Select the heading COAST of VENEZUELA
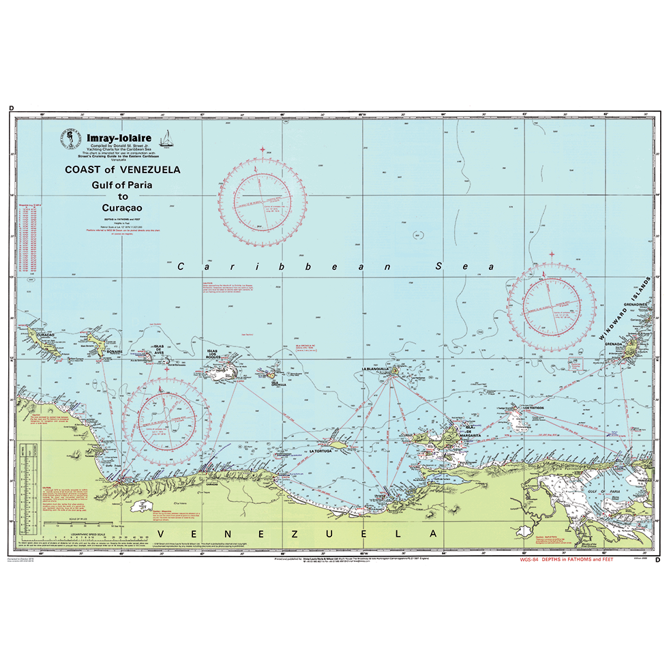123,170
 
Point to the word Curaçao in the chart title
123,208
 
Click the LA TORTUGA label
321,451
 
